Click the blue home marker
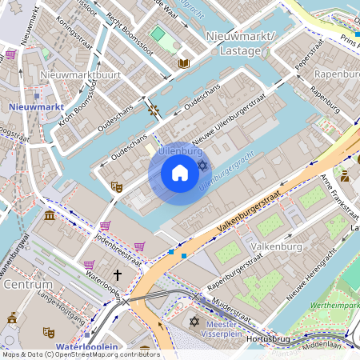(180, 173)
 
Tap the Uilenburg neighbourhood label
(179, 150)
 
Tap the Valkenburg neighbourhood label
(274, 246)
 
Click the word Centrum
(28, 284)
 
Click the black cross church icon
(118, 275)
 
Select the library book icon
(183, 63)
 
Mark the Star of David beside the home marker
(202, 165)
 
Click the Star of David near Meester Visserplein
(194, 322)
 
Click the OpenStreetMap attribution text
(80, 354)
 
